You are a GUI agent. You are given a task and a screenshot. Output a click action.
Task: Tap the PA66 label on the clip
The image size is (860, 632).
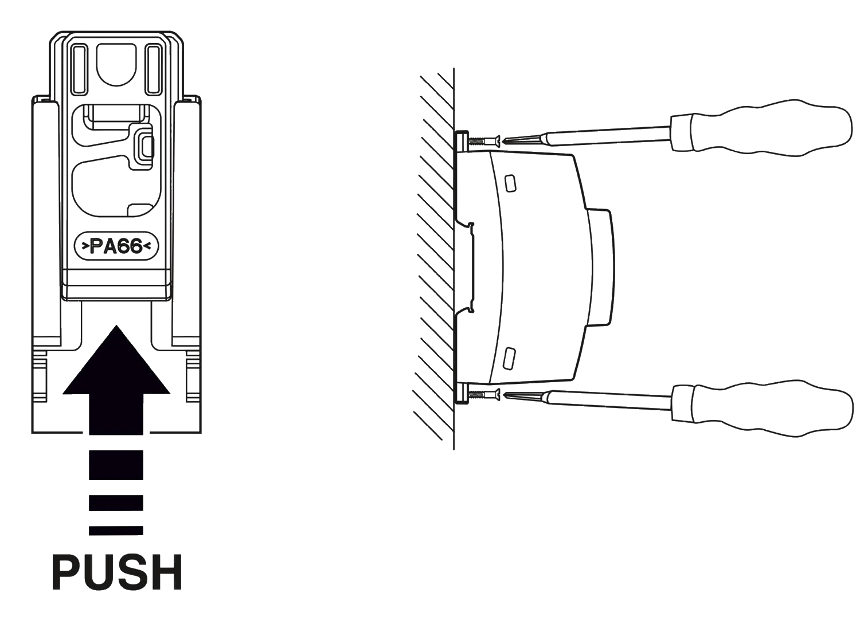point(116,246)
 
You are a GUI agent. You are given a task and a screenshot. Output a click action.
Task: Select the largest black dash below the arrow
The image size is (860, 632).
point(116,465)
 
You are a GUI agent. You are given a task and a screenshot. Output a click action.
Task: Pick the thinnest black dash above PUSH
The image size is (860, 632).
point(116,531)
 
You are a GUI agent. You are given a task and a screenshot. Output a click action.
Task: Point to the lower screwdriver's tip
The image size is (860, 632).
point(504,394)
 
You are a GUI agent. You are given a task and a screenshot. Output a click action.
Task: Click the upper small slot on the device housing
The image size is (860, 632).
point(510,183)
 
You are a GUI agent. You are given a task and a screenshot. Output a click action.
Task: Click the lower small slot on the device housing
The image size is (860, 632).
point(510,359)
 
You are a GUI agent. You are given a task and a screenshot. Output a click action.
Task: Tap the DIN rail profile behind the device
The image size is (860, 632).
point(466,266)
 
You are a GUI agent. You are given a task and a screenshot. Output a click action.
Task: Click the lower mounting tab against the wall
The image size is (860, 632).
point(462,394)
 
